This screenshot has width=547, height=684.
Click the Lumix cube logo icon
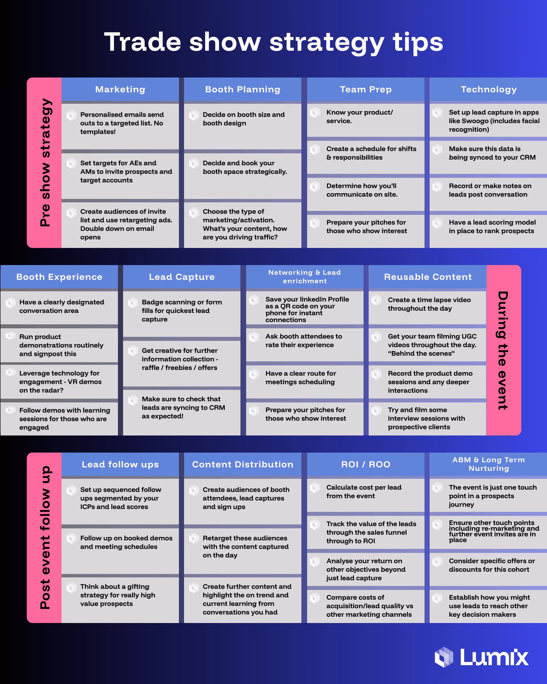444,657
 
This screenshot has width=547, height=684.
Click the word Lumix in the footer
494,657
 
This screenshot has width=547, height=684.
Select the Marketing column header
120,89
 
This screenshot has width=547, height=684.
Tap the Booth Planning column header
242,89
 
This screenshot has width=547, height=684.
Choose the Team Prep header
366,89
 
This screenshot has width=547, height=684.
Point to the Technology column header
488,89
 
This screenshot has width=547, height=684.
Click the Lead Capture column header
182,277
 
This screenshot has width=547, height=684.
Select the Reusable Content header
428,277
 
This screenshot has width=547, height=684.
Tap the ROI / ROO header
366,465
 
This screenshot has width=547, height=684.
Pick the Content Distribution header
242,465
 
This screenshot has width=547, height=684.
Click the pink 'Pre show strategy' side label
45,162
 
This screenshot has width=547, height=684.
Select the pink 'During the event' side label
503,350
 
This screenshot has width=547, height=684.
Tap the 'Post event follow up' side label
45,538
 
